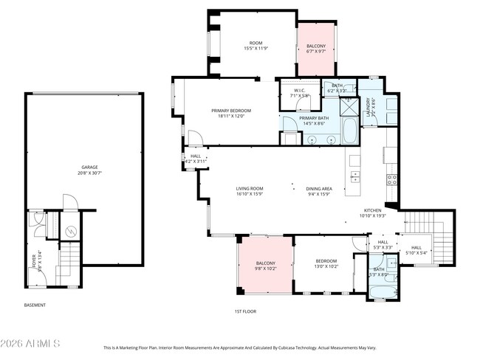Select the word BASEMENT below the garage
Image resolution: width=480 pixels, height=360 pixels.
[x=35, y=305]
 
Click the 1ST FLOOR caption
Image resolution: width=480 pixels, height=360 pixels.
[x=244, y=311]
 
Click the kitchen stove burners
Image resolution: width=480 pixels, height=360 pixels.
[x=393, y=178]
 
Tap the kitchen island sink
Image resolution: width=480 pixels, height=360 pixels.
[x=355, y=176]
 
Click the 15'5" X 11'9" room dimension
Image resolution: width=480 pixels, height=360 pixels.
[x=256, y=49]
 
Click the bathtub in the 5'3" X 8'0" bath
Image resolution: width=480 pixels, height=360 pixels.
[x=383, y=290]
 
